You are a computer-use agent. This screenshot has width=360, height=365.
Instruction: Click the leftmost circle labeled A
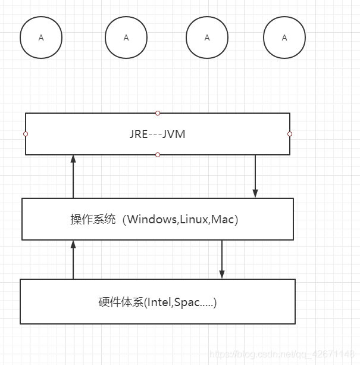coord(40,38)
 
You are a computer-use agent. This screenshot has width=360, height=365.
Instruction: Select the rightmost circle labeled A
coord(284,38)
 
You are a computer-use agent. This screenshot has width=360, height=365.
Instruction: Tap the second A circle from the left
coord(126,38)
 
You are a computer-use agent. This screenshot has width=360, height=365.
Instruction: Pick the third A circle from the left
coord(206,38)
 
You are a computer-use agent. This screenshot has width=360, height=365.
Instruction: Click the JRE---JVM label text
coord(157,134)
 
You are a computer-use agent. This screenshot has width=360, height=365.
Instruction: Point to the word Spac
coord(187,302)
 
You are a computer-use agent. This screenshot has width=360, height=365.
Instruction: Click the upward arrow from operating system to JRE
coord(73,176)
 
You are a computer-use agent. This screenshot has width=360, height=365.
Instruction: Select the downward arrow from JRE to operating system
coord(255,176)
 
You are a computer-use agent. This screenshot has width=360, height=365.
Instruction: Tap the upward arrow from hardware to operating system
coord(73,260)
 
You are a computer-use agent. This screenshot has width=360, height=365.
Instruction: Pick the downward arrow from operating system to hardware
coord(222,260)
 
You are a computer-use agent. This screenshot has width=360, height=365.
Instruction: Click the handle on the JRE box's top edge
coord(158,113)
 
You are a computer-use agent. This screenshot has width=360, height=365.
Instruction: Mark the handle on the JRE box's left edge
coord(26,134)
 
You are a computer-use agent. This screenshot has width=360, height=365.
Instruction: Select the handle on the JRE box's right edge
coord(290,134)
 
